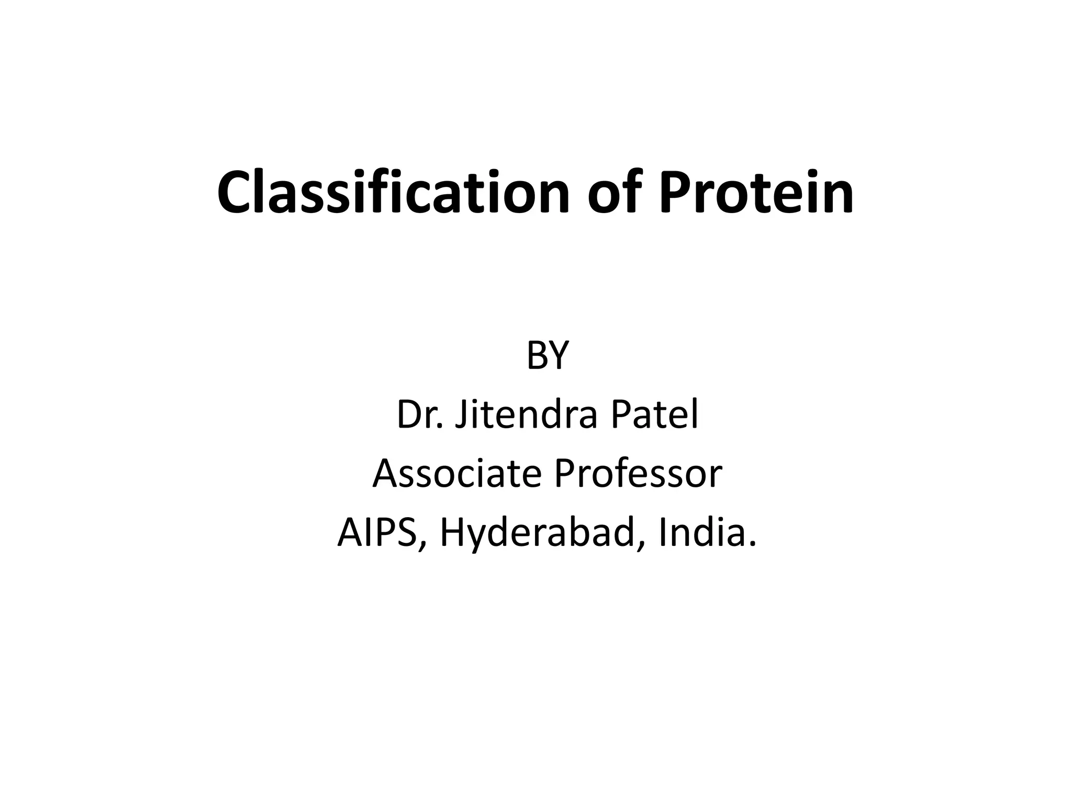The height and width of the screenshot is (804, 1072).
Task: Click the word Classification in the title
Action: click(393, 192)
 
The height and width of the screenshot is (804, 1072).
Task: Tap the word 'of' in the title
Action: click(614, 192)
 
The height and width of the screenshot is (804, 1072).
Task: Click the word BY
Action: click(547, 356)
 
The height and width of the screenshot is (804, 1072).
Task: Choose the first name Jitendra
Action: click(526, 415)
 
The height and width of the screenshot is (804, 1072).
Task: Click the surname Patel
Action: click(654, 415)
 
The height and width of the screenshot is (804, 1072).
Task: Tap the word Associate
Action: click(456, 473)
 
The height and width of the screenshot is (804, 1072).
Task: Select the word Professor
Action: click(638, 473)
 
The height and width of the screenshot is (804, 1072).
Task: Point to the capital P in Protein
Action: click(675, 192)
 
